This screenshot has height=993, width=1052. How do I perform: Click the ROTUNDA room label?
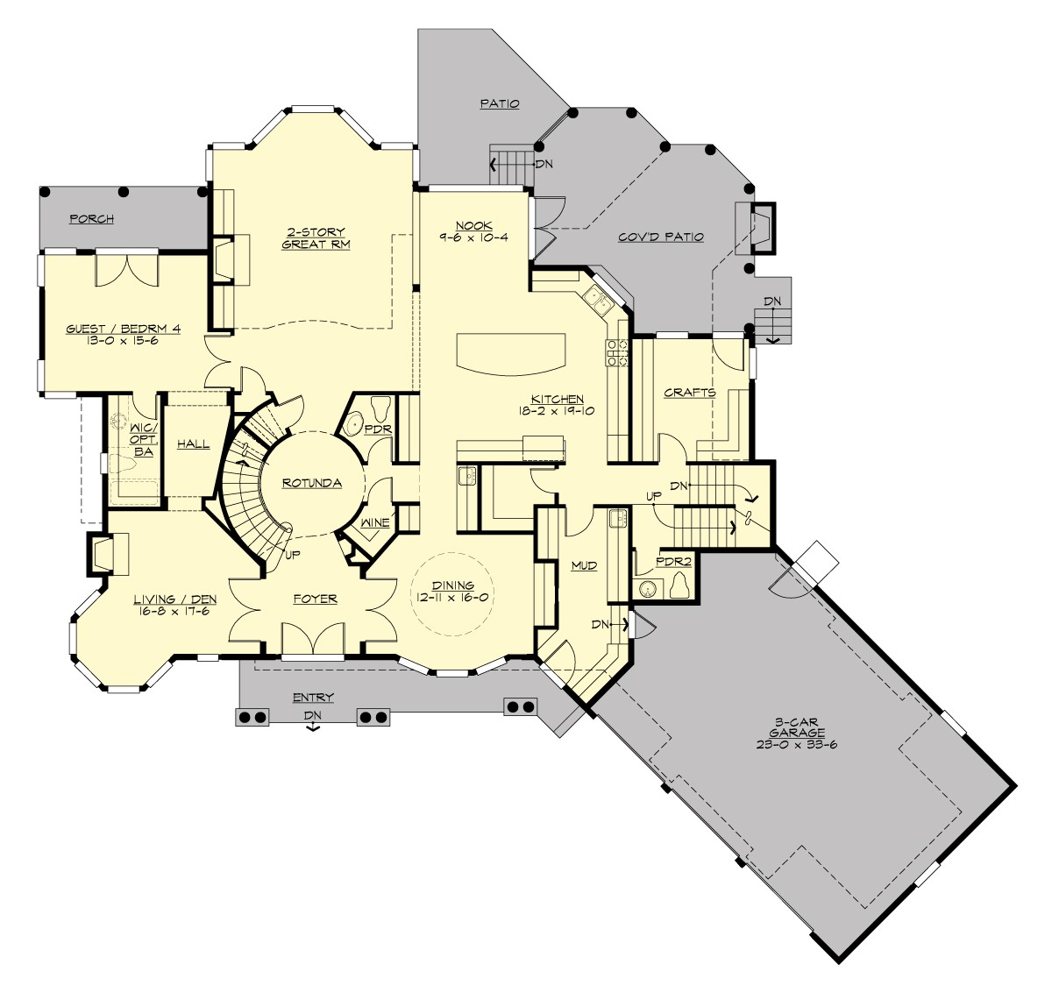tap(311, 483)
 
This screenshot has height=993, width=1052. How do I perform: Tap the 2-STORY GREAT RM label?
tap(316, 238)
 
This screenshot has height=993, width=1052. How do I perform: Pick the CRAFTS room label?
tap(689, 393)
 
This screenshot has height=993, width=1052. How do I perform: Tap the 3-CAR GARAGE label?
tap(797, 733)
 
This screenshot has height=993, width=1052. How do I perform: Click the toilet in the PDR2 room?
tap(679, 585)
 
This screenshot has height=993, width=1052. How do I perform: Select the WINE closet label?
tap(375, 523)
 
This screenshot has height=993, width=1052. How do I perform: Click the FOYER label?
tap(315, 599)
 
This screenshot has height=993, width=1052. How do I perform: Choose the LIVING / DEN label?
tap(175, 605)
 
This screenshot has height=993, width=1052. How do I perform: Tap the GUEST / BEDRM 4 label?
tap(124, 334)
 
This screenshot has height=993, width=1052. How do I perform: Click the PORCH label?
tap(91, 218)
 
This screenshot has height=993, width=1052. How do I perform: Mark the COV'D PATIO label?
tap(661, 237)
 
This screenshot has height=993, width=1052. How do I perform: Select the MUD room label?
tap(584, 566)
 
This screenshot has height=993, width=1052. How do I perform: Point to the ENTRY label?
tap(313, 698)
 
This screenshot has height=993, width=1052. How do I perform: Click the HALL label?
tap(193, 444)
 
